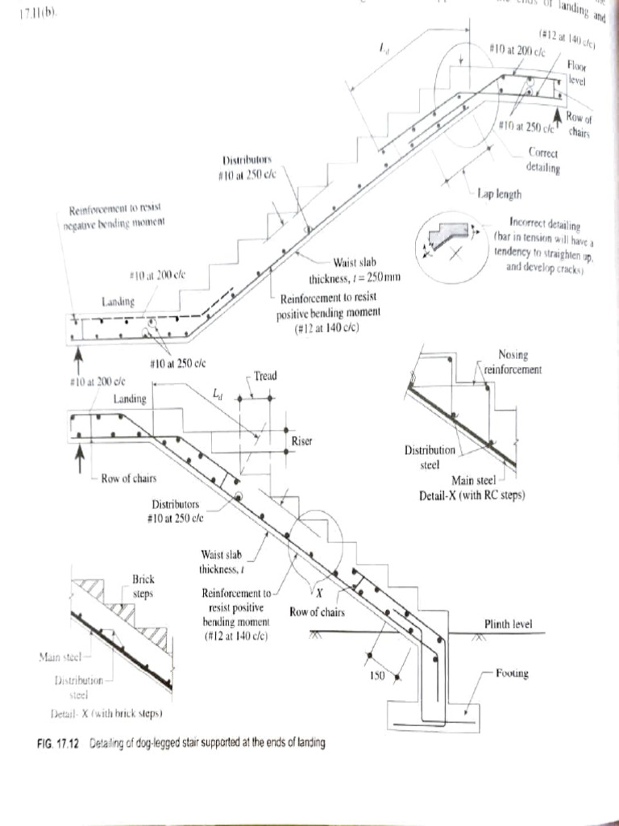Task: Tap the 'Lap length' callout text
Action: click(x=499, y=194)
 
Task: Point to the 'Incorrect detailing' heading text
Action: click(x=545, y=222)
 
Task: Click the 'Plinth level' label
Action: click(x=508, y=624)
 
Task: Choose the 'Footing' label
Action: click(x=511, y=673)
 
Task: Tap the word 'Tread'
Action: click(x=265, y=377)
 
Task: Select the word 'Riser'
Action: click(x=302, y=441)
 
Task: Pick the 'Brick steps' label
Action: click(x=143, y=585)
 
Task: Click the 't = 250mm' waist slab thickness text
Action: click(x=366, y=277)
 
